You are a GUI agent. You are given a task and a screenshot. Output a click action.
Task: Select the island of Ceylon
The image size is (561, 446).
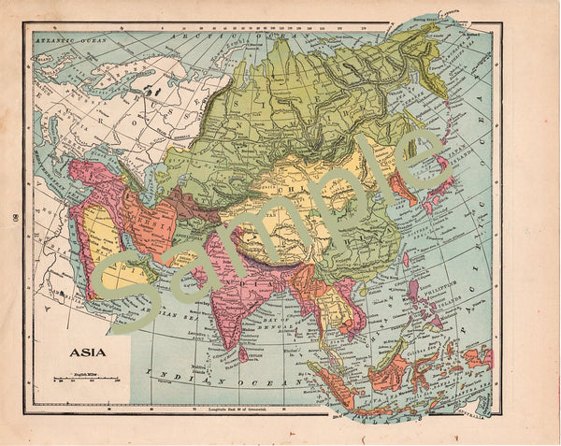pyautogui.click(x=243, y=354)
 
